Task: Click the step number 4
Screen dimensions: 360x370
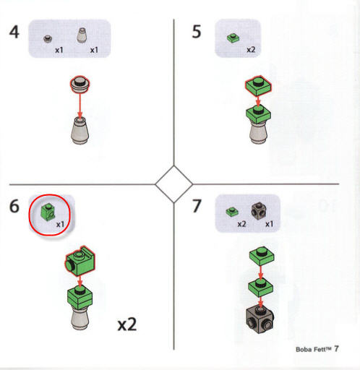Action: [x=14, y=32]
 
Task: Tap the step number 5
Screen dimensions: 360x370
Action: [x=197, y=32]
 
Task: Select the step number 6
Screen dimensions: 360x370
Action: [x=14, y=206]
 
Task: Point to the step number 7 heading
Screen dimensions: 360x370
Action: [x=197, y=206]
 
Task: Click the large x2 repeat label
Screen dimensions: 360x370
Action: [x=127, y=324]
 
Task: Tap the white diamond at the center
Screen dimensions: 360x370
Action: [x=174, y=184]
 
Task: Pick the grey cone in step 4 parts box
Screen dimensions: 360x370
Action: [x=82, y=35]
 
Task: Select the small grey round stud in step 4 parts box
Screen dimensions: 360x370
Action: [x=48, y=38]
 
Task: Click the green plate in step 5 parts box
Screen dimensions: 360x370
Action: [x=233, y=38]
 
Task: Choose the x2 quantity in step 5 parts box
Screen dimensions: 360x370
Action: [x=251, y=49]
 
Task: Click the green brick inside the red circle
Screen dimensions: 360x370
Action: [x=48, y=211]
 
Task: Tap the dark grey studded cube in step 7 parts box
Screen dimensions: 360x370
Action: [x=259, y=211]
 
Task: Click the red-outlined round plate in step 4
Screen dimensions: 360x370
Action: [x=80, y=85]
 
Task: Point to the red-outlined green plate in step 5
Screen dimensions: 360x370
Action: [x=258, y=86]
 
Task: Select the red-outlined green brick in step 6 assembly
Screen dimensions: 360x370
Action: [x=80, y=261]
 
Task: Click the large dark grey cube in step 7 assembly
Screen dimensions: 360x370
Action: [x=260, y=319]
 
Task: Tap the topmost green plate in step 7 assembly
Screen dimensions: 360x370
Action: [x=262, y=256]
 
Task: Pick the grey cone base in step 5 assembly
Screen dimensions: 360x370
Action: [x=258, y=132]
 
